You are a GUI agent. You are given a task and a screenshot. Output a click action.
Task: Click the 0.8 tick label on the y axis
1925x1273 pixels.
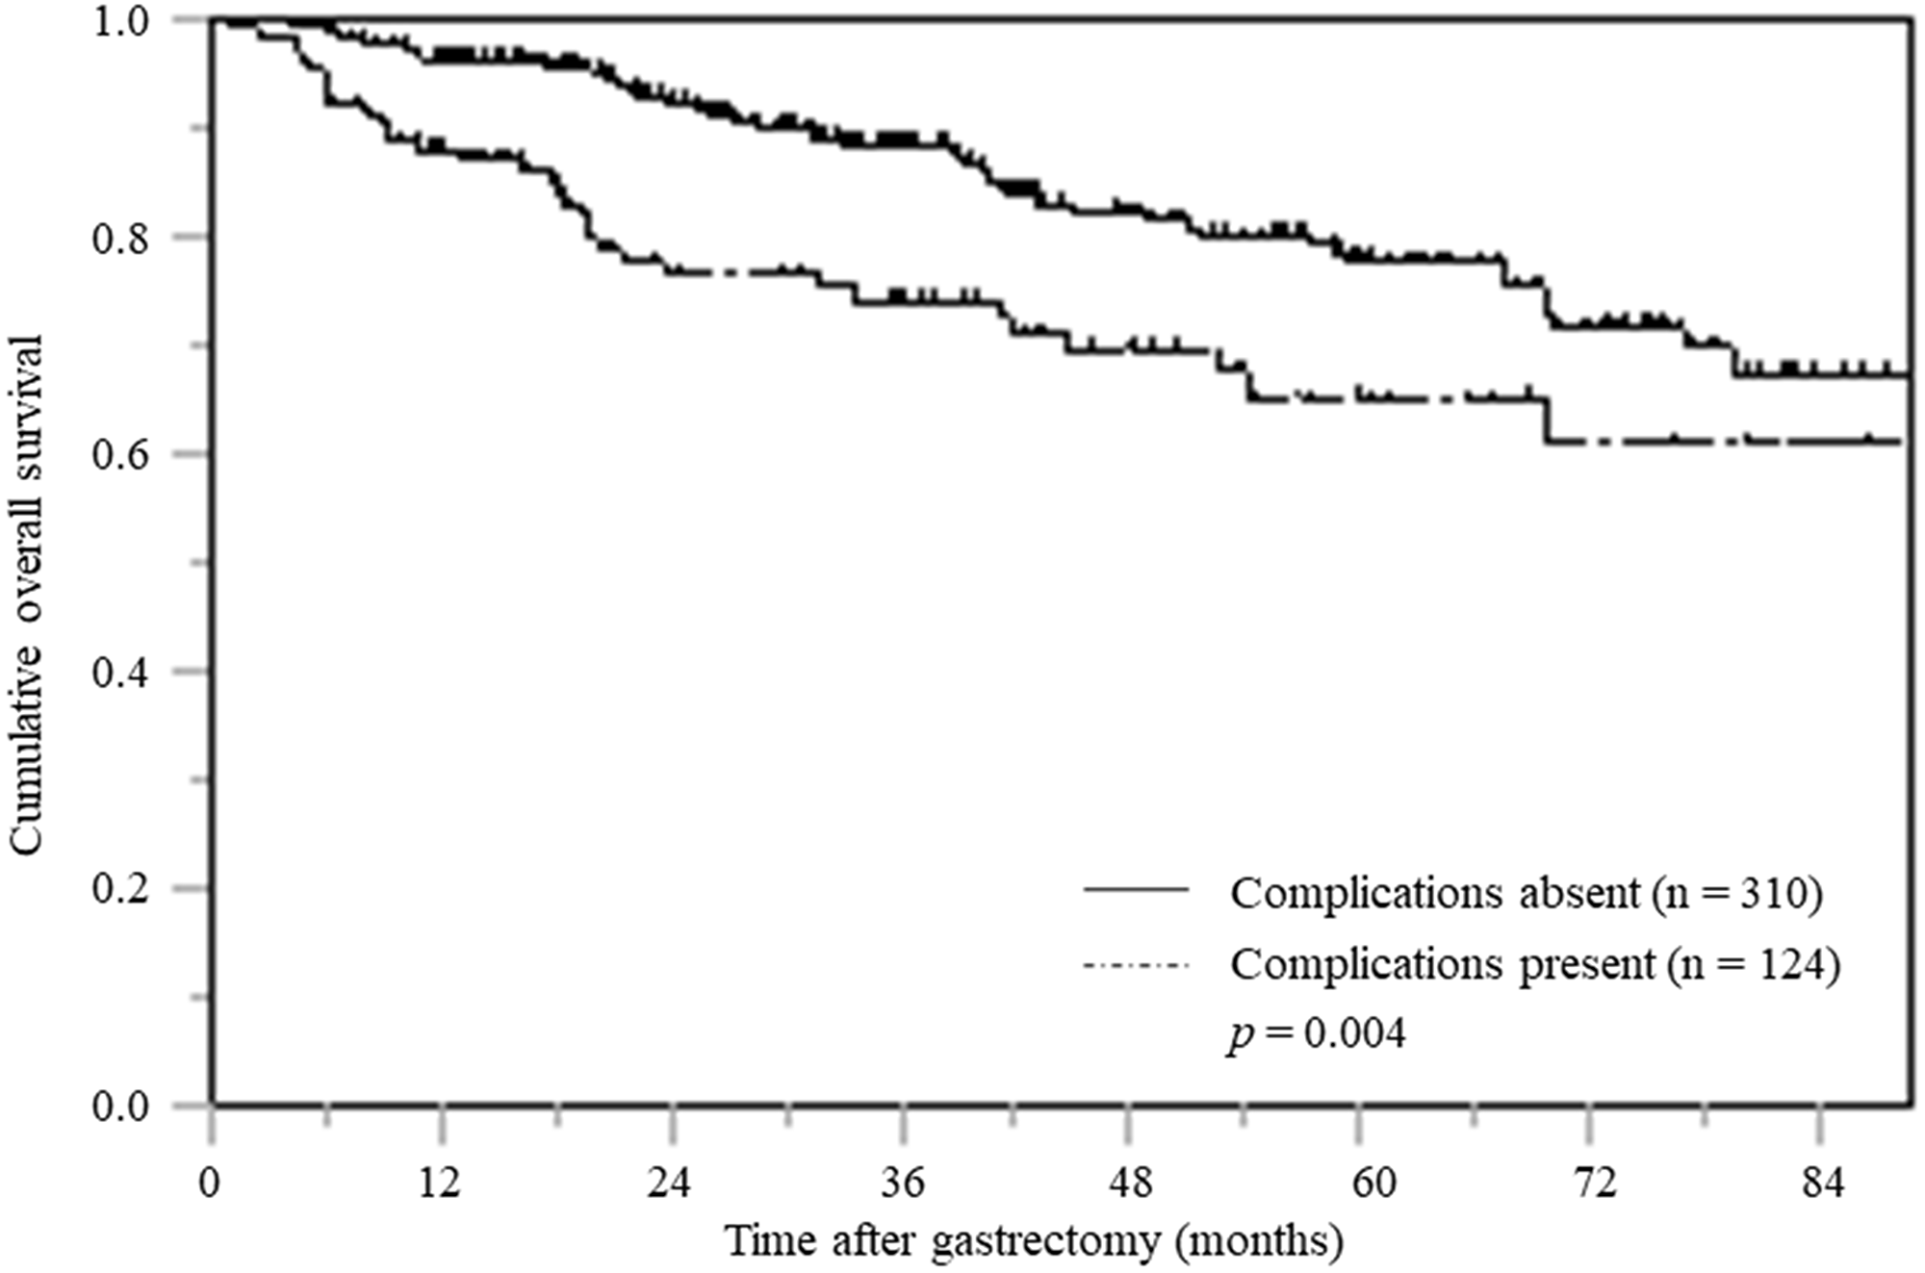[x=120, y=238]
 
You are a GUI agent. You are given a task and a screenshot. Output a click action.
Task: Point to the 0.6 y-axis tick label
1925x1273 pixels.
[x=120, y=455]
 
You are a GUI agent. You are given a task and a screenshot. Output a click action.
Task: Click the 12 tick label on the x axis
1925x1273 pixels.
[x=441, y=1183]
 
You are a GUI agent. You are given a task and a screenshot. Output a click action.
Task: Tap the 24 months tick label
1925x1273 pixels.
[x=670, y=1183]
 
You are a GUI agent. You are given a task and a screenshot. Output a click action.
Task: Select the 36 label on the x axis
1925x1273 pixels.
[x=901, y=1183]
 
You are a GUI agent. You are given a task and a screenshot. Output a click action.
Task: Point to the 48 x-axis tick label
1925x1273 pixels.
[x=1131, y=1183]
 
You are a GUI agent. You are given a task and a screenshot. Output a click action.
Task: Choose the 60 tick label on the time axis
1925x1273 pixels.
[x=1373, y=1183]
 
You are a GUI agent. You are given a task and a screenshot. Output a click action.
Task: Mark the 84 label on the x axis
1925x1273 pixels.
[x=1820, y=1183]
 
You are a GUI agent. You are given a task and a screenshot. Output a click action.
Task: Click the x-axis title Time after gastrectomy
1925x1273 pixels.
[x=1035, y=1241]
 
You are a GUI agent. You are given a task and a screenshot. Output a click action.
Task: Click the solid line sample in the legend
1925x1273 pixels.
[x=1137, y=890]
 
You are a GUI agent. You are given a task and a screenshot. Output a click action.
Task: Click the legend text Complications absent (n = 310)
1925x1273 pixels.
[x=1527, y=894]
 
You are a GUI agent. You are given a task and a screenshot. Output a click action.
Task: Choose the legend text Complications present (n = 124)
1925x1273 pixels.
[x=1535, y=964]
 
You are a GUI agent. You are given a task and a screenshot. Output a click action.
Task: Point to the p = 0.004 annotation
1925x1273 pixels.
[x=1317, y=1035]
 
